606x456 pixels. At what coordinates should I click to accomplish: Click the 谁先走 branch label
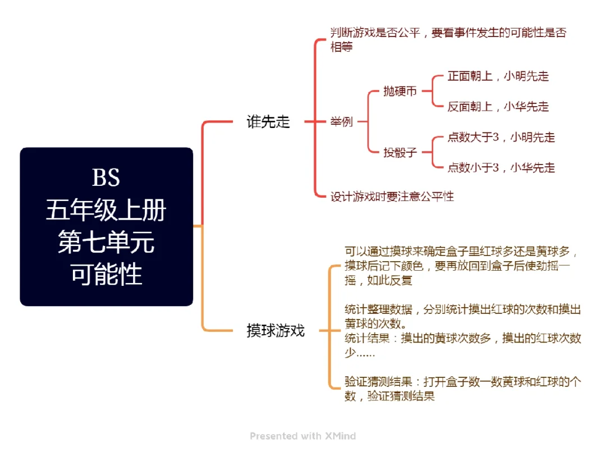[x=268, y=122]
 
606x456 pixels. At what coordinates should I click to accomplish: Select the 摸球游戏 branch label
[x=276, y=330]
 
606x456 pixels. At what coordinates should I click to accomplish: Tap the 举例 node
[x=342, y=121]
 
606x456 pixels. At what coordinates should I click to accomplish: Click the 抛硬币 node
[x=400, y=91]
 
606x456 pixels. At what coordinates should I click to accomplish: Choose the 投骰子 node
[x=400, y=152]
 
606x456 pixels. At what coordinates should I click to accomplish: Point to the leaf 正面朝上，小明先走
[x=498, y=76]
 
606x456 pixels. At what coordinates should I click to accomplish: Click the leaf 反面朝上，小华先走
[x=498, y=107]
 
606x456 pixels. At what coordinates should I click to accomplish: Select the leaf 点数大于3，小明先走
[x=501, y=138]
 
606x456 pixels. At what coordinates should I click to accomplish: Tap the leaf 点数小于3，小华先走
[x=501, y=167]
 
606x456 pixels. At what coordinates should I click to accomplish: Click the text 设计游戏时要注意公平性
[x=392, y=197]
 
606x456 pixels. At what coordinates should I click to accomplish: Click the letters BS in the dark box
[x=106, y=178]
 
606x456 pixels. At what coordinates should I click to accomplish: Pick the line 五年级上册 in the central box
[x=106, y=211]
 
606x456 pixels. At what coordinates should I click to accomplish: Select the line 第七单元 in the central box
[x=106, y=243]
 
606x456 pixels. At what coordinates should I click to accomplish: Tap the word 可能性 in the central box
[x=106, y=275]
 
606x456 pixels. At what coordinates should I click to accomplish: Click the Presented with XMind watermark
[x=303, y=436]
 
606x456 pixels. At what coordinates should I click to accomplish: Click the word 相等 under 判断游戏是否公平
[x=342, y=47]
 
